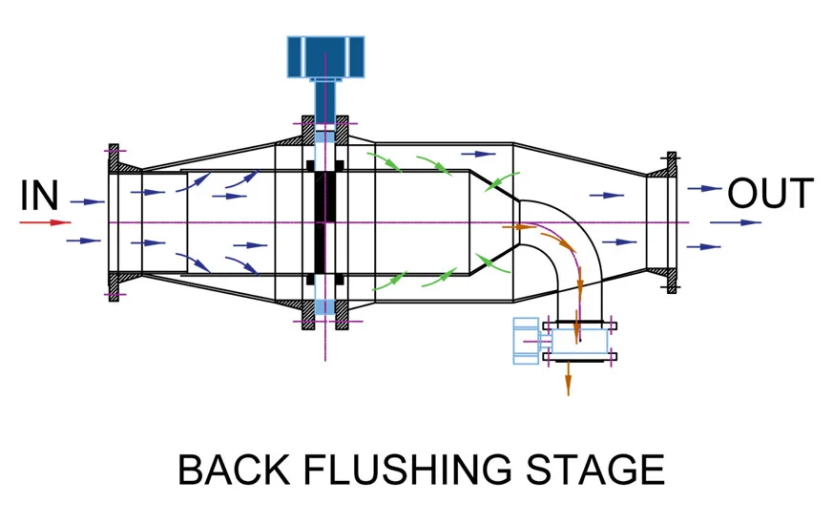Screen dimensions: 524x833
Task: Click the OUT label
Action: (771, 194)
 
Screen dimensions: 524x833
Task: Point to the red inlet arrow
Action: (45, 222)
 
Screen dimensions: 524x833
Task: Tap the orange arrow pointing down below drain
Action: (568, 379)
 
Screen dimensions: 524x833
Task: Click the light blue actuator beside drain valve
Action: (526, 341)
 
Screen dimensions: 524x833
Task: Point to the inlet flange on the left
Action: (115, 221)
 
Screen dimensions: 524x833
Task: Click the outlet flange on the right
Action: (672, 221)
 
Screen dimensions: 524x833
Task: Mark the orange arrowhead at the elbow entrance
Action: (521, 227)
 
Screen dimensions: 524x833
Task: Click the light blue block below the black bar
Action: (325, 306)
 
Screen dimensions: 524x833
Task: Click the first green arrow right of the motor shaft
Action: (387, 162)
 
